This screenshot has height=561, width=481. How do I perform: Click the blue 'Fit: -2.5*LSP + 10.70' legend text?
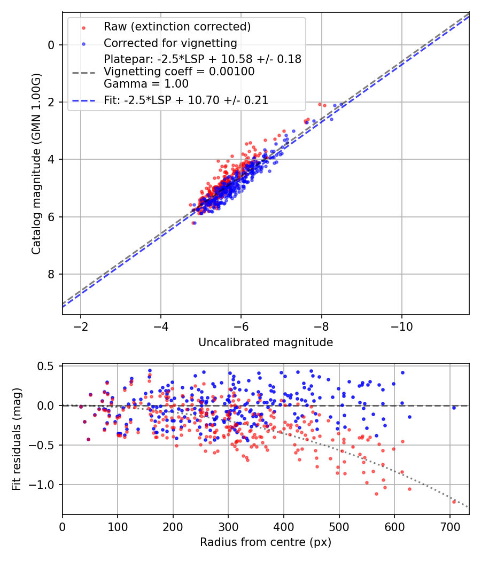[x=186, y=100]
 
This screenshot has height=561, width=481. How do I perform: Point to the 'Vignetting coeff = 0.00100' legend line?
[x=179, y=71]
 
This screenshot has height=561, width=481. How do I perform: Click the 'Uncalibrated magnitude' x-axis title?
[x=266, y=342]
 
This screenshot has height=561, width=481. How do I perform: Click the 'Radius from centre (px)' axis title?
[x=266, y=542]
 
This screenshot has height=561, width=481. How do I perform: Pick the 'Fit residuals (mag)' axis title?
[x=17, y=439]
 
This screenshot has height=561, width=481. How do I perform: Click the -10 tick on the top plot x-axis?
[x=402, y=326]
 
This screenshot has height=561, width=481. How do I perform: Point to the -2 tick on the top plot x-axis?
[x=81, y=326]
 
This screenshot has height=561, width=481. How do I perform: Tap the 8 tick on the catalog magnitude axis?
[x=51, y=275]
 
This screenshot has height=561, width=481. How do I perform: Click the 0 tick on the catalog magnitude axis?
[x=51, y=45]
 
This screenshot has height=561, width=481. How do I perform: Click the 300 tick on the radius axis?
[x=228, y=526]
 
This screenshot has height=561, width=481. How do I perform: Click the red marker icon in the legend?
[x=83, y=27]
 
